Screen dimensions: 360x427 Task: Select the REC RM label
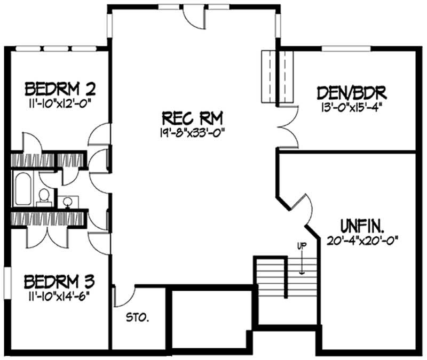pyautogui.click(x=193, y=117)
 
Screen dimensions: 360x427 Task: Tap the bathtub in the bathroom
pyautogui.click(x=22, y=189)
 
